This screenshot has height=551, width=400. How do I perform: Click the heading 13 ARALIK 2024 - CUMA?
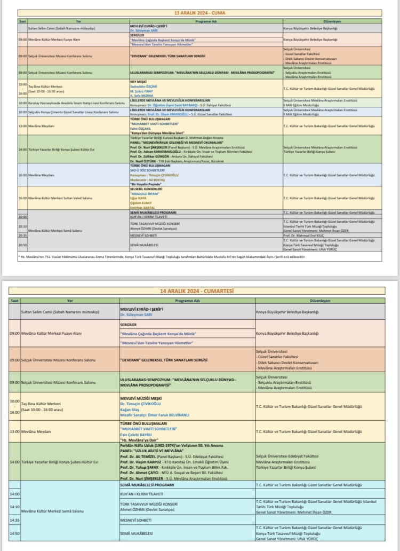coord(201,12)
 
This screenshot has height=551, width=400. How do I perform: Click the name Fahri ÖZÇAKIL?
coord(140,128)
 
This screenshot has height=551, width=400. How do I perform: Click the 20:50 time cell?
coord(22,245)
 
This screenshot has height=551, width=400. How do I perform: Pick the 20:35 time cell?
coord(22,235)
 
